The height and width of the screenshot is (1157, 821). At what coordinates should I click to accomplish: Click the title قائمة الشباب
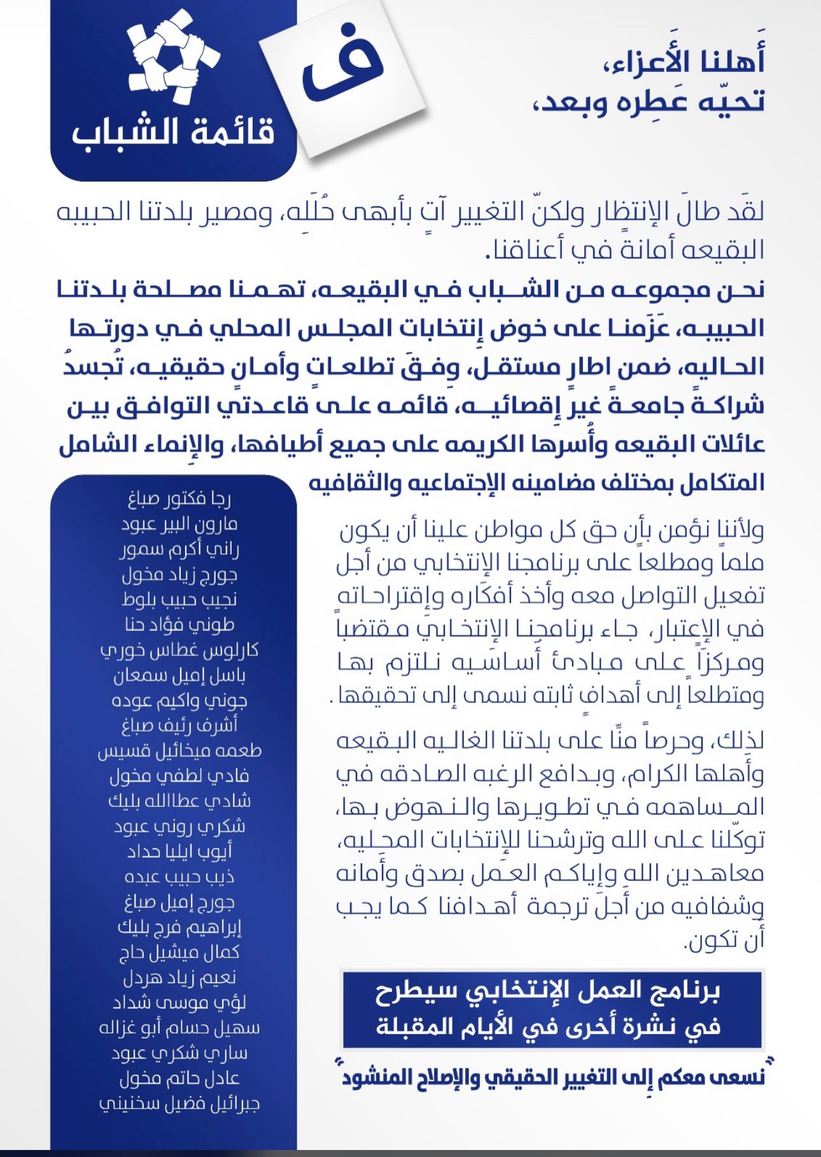tap(173, 132)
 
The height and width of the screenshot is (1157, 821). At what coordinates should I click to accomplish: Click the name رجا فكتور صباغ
tap(179, 499)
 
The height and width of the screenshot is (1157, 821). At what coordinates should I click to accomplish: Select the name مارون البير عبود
tap(179, 525)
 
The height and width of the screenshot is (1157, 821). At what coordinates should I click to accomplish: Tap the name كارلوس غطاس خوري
tap(179, 651)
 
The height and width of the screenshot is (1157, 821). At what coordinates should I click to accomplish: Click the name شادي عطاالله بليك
tap(179, 801)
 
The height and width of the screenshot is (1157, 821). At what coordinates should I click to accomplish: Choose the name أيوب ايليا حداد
tap(179, 851)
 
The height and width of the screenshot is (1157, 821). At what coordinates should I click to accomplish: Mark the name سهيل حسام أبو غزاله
tap(179, 1028)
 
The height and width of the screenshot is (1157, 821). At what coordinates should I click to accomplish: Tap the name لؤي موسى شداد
tap(179, 1003)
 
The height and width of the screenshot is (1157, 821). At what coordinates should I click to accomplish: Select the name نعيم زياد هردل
tap(179, 977)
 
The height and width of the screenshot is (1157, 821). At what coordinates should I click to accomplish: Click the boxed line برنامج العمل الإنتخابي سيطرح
tap(547, 991)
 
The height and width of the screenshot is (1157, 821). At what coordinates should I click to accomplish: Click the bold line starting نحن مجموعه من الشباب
tap(410, 290)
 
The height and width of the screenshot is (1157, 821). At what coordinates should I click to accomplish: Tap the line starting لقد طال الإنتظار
tap(410, 213)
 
